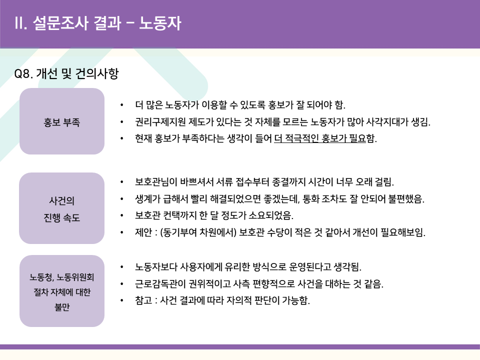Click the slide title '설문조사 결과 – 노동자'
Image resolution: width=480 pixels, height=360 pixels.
(107, 23)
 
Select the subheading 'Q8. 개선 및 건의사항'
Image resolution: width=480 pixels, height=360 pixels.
(66, 73)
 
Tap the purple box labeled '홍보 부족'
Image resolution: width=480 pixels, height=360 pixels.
(62, 121)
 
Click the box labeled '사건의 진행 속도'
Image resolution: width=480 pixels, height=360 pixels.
(62, 208)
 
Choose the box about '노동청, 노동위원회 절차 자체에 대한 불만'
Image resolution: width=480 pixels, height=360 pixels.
(62, 291)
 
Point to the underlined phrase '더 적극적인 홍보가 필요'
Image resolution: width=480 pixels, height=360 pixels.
(320, 138)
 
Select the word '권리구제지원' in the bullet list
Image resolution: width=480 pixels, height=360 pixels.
(160, 122)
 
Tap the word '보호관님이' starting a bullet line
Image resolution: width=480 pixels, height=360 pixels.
(156, 182)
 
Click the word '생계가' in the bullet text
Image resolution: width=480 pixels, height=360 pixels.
(147, 198)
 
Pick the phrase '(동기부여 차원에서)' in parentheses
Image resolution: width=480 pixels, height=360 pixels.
(198, 232)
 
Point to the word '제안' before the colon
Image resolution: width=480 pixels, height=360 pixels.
(143, 232)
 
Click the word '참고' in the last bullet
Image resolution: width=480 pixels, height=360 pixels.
(143, 300)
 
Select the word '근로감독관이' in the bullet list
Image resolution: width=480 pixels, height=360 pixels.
(160, 284)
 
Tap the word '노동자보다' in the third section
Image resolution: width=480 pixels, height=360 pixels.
(156, 267)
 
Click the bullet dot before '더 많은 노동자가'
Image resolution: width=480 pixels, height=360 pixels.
(122, 105)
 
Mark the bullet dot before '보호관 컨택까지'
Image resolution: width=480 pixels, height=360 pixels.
(122, 216)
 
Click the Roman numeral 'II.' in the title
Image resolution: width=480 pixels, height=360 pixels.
(21, 23)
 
